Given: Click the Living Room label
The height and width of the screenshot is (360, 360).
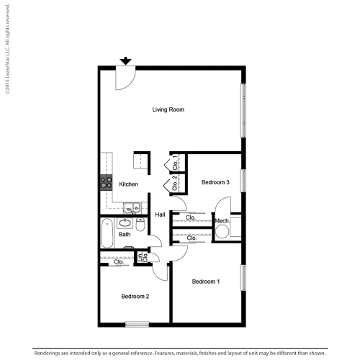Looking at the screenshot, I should [168, 110].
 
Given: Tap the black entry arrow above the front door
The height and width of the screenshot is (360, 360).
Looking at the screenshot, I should [126, 62].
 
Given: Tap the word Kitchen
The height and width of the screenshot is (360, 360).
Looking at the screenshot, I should [129, 184].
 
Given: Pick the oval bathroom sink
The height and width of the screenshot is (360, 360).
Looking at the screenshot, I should [131, 248].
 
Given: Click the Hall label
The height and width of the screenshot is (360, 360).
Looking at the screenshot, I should [160, 215].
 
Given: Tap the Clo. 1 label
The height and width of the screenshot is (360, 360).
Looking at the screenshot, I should [174, 162].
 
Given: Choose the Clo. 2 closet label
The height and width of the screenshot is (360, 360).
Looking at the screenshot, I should [174, 185].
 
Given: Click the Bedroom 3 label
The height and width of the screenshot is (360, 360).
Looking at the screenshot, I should [215, 182].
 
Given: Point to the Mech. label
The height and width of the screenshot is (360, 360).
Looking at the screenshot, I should [222, 220].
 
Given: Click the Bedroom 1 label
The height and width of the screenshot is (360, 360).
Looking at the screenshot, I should [206, 282].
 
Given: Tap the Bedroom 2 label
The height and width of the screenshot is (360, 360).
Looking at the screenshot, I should [135, 297].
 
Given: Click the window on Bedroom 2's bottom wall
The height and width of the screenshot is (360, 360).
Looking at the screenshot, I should [137, 323].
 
